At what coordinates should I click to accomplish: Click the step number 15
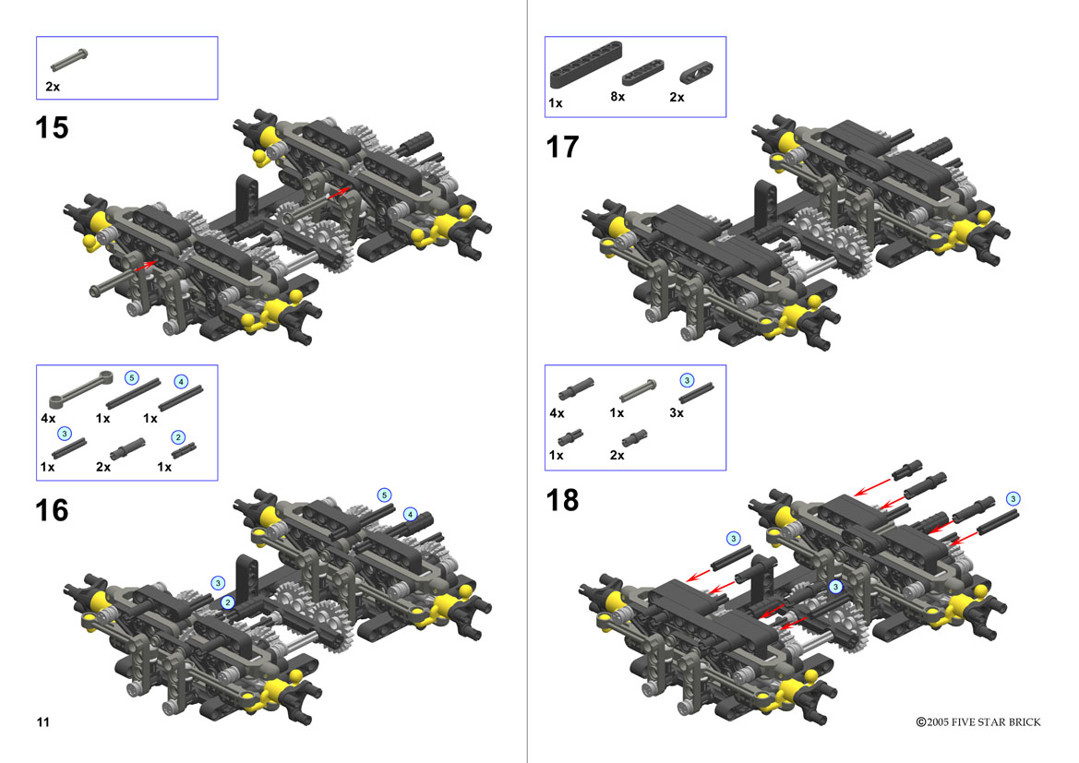[x=52, y=128]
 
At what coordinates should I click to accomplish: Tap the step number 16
[x=52, y=510]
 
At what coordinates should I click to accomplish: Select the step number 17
[x=562, y=148]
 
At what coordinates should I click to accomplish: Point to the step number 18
[x=562, y=500]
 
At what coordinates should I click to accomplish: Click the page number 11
[x=43, y=721]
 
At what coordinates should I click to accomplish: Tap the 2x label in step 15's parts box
[x=53, y=87]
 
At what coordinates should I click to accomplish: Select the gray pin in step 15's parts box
[x=69, y=59]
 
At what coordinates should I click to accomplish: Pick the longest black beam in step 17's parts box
[x=585, y=66]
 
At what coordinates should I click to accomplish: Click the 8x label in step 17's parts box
[x=617, y=97]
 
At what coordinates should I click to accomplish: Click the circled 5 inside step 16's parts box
[x=131, y=377]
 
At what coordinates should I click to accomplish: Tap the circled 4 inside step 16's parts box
[x=181, y=381]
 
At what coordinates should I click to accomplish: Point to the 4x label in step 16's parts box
[x=48, y=418]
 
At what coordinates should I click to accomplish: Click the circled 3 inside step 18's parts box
[x=687, y=380]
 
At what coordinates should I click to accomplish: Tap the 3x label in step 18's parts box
[x=677, y=412]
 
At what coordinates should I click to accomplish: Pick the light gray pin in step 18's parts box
[x=638, y=391]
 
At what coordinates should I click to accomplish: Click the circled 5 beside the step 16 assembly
[x=385, y=495]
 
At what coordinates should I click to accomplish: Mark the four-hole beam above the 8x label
[x=642, y=72]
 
